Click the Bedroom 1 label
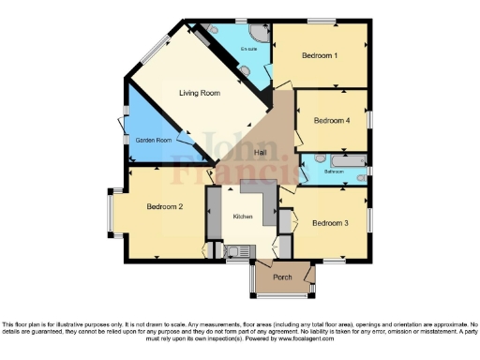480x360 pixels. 320,56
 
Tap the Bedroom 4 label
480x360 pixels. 331,120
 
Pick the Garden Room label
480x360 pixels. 154,140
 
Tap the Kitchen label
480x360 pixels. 243,217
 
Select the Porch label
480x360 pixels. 282,277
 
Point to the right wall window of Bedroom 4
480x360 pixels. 369,120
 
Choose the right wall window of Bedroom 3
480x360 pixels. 369,220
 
